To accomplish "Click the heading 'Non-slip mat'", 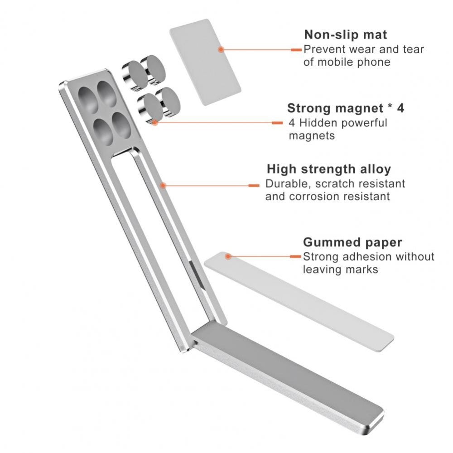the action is pos(346,35).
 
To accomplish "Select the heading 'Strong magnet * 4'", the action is pos(346,108).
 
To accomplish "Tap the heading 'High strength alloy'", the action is pos(329,169).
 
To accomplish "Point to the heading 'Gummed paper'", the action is pos(352,242).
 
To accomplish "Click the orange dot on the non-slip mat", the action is pos(221,49).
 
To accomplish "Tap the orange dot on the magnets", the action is pos(155,122).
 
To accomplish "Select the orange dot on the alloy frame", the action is pos(163,185).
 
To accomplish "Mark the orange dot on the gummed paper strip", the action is pos(228,256).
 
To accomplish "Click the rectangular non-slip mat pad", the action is pos(205,62).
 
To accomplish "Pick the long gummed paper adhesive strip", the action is pos(299,301).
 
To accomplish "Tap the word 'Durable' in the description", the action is pos(288,184).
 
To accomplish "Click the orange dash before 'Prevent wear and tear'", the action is pos(296,50).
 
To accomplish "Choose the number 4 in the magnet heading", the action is pos(400,108).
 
